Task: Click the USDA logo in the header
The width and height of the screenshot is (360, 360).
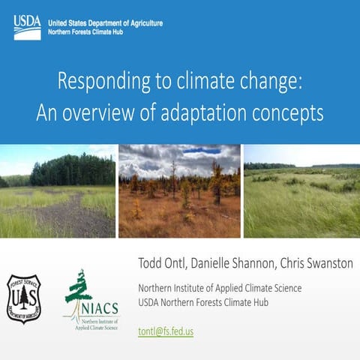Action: (x=27, y=26)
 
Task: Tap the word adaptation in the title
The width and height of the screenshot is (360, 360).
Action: (x=217, y=113)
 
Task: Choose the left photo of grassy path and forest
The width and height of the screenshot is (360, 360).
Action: (x=57, y=191)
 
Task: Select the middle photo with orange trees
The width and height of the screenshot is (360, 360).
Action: (x=179, y=191)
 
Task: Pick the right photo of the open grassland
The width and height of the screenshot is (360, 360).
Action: (x=301, y=191)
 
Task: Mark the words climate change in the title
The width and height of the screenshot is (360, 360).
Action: (x=251, y=81)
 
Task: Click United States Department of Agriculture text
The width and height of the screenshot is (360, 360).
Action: (x=105, y=22)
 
